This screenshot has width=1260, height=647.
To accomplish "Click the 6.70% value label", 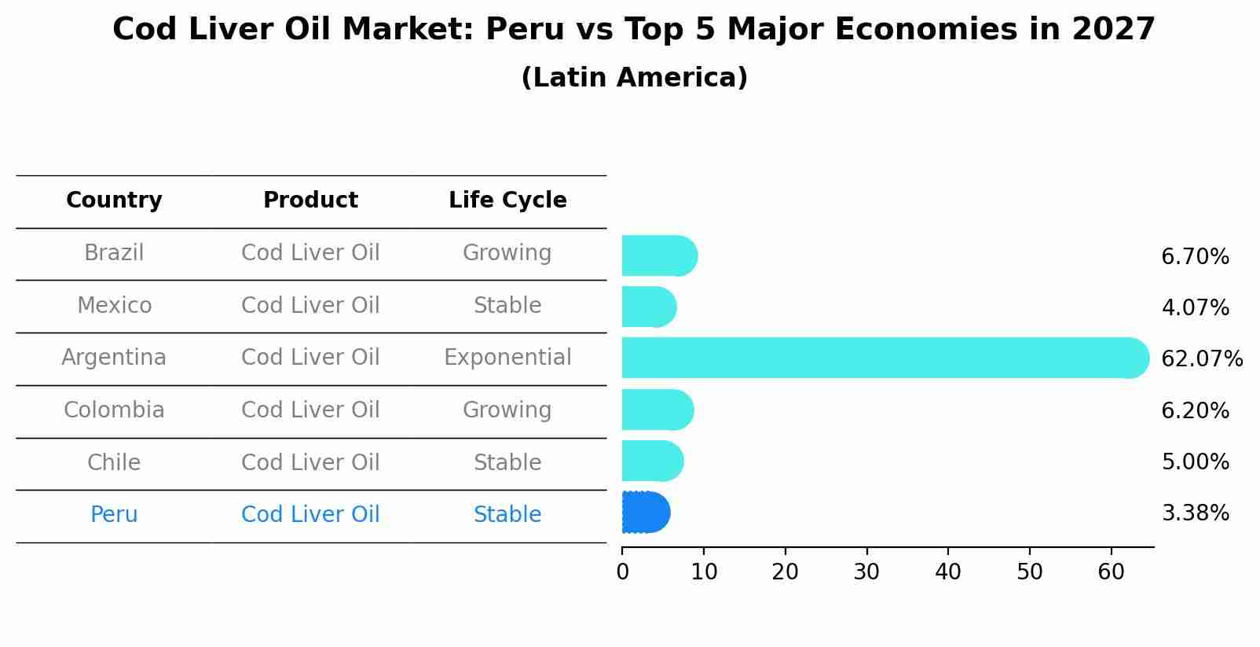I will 1194,257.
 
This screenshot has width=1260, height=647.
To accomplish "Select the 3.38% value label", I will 1194,513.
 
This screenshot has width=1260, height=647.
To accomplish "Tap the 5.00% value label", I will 1194,462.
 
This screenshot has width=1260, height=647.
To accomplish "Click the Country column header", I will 114,200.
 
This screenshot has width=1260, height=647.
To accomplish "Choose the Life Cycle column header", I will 507,200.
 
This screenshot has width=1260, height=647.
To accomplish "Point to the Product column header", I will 310,200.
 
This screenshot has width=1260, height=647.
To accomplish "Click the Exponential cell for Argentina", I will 507,358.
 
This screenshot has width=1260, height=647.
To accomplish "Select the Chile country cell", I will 114,462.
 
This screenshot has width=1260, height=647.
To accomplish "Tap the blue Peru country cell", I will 114,515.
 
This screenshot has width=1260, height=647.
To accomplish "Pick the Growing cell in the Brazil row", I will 507,253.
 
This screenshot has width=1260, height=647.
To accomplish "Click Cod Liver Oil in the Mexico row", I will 310,305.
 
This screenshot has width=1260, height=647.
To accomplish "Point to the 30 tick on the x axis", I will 866,572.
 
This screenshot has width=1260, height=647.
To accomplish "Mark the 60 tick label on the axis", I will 1111,572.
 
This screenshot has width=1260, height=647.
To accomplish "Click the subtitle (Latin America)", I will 634,78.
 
